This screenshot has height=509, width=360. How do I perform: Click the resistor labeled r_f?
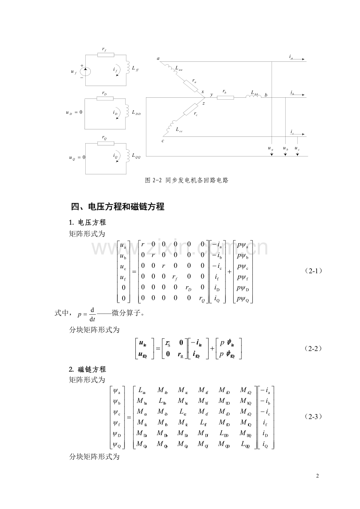[x=106, y=55]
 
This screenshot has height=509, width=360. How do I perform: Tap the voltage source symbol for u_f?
[x=85, y=72]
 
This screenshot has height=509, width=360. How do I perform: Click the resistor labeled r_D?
[x=105, y=99]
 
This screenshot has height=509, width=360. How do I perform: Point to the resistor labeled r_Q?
[x=105, y=143]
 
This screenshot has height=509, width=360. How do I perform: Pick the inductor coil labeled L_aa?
[x=171, y=68]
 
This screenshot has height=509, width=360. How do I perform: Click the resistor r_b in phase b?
[x=225, y=97]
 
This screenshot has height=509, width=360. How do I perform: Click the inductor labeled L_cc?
[x=170, y=125]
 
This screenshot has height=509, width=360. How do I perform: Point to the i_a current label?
[x=291, y=57]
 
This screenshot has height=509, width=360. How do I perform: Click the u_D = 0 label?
[x=74, y=113]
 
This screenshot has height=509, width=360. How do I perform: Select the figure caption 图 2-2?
[x=186, y=180]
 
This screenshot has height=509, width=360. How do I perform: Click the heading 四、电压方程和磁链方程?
[x=117, y=207]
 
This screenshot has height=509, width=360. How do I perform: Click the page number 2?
[x=317, y=476]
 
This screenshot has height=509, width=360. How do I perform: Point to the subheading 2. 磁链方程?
[x=87, y=369]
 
